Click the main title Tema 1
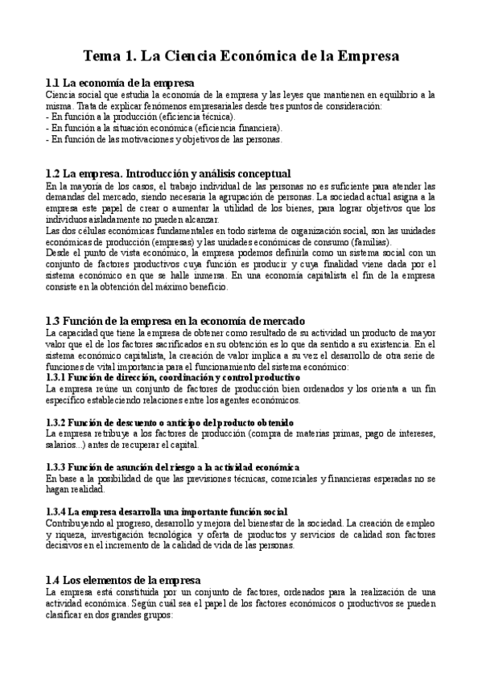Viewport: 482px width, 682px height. tap(241, 56)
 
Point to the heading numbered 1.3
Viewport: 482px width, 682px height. tap(175, 320)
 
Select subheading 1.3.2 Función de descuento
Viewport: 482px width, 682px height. tap(170, 421)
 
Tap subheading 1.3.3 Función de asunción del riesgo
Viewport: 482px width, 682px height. tap(173, 466)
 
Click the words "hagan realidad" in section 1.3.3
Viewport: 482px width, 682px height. tap(76, 489)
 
